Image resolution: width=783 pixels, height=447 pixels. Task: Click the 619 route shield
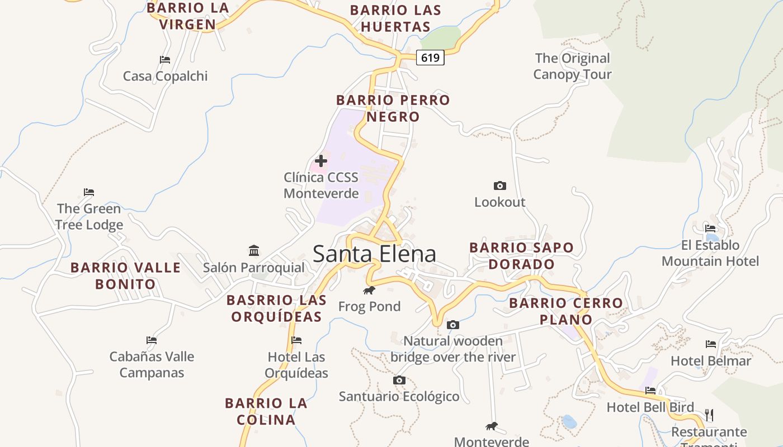[x=430, y=57]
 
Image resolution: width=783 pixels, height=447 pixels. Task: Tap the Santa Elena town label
[x=374, y=254]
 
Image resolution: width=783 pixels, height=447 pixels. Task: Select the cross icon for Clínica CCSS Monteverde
[x=321, y=161]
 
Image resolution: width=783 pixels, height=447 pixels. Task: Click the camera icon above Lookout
[x=500, y=186]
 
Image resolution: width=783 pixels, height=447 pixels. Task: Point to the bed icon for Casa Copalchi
[x=165, y=59]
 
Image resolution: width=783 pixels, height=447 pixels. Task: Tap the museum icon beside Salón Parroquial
[x=254, y=250]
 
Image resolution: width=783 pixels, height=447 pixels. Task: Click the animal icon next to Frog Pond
[x=369, y=290]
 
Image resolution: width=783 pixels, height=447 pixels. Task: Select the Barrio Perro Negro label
[x=393, y=108]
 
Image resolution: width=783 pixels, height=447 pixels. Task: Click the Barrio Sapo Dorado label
[x=521, y=256]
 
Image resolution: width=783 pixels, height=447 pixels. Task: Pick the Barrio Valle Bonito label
[x=125, y=276]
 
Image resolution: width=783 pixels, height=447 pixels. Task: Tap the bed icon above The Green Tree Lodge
[x=89, y=192]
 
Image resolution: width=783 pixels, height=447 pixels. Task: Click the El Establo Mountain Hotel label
[x=710, y=253]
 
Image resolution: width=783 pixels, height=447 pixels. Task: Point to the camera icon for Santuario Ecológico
[x=399, y=380]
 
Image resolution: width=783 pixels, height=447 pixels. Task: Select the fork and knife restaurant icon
[x=709, y=415]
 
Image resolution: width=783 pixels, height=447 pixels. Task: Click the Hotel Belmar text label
[x=711, y=361]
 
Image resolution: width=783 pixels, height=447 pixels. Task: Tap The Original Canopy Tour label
[x=572, y=66]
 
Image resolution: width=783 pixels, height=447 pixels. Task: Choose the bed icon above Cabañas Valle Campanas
[x=152, y=340]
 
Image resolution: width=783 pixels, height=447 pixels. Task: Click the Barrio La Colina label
[x=266, y=411]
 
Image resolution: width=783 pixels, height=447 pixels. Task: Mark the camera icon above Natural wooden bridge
[x=453, y=325]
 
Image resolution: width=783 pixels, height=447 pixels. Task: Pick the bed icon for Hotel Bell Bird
[x=650, y=390]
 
